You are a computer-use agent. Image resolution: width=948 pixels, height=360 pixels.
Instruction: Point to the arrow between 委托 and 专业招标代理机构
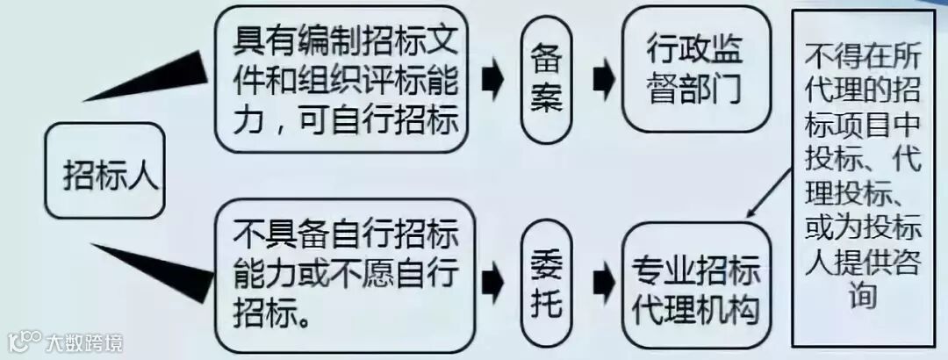point(603,281)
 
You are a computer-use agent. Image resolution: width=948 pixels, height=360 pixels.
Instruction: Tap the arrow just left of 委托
point(493,281)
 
